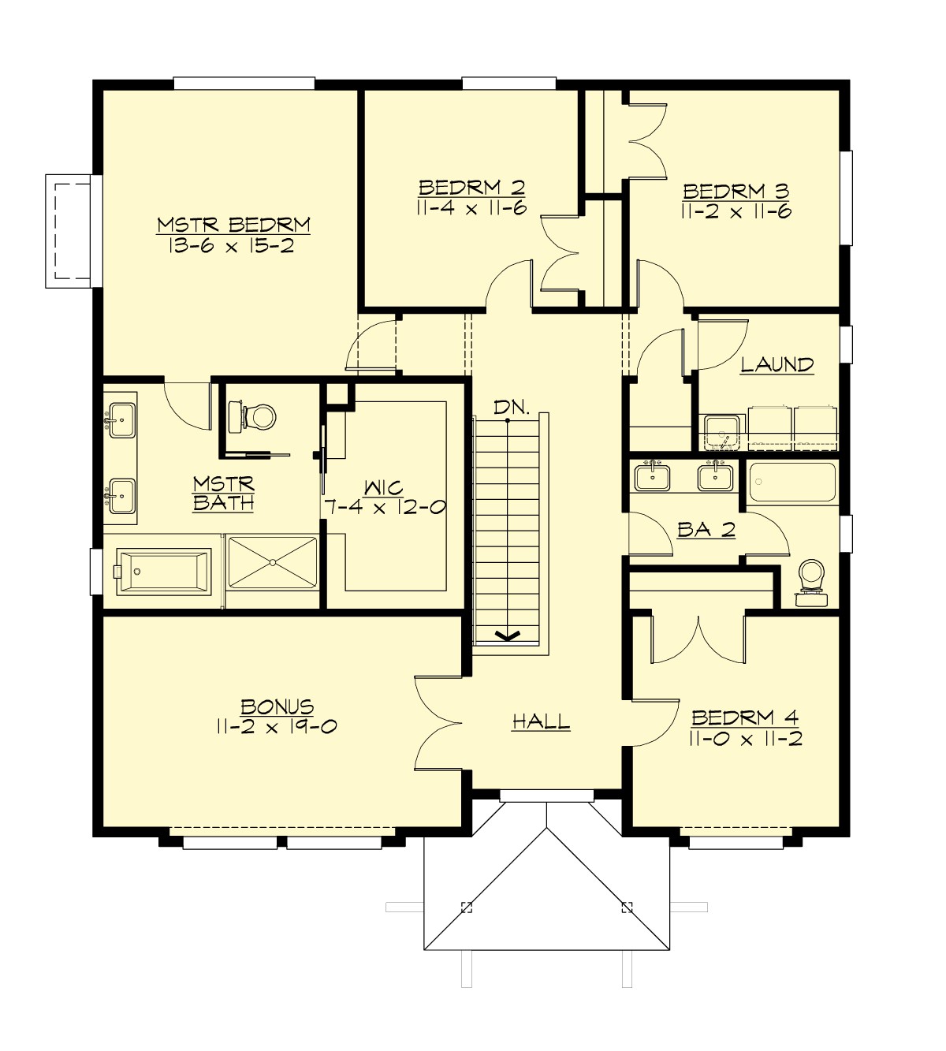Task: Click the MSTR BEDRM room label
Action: click(233, 225)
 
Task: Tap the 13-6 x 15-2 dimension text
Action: click(231, 246)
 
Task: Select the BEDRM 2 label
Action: click(471, 188)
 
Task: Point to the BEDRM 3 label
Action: click(736, 191)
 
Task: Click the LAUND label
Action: click(777, 364)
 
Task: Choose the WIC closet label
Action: click(384, 487)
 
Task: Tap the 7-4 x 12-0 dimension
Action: click(385, 508)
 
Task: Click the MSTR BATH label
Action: click(223, 493)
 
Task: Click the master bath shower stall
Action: click(272, 561)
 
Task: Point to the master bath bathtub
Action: click(163, 571)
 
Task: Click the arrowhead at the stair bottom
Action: click(508, 635)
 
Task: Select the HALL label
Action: click(541, 721)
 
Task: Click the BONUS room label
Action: click(277, 706)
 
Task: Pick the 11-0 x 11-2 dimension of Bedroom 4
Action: click(745, 740)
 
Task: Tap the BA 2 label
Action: click(706, 530)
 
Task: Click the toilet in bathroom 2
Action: click(811, 581)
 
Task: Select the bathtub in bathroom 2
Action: click(791, 482)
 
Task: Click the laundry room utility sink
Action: click(721, 432)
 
